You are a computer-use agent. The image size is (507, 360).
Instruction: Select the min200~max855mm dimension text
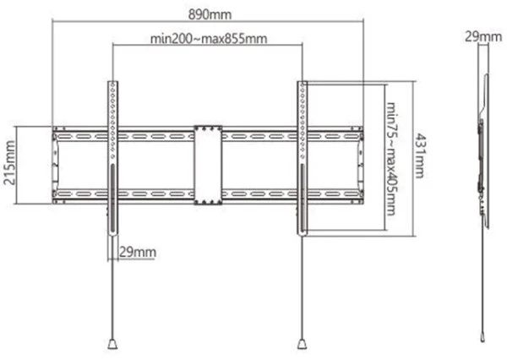208,39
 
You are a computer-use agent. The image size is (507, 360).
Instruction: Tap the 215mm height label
9,166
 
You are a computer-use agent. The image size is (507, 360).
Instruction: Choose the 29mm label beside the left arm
138,251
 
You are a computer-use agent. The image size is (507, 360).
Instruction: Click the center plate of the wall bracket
207,166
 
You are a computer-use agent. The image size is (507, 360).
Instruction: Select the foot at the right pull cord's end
303,344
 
